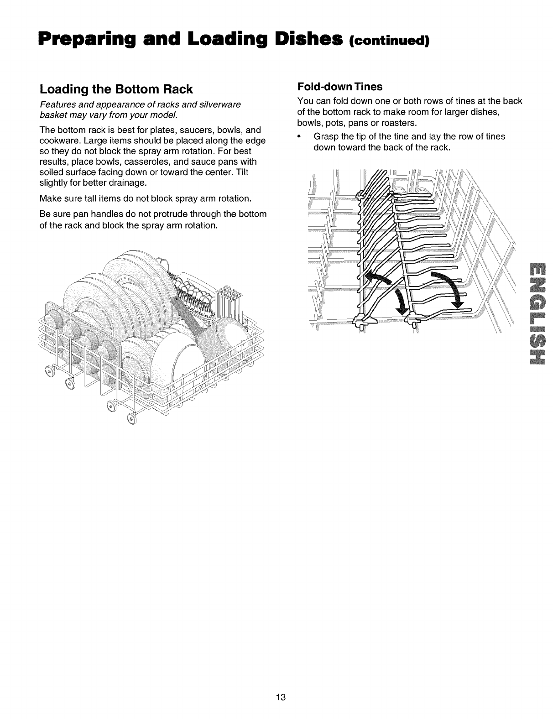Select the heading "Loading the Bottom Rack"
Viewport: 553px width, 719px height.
click(x=116, y=89)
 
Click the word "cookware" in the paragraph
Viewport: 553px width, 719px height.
click(x=58, y=141)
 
